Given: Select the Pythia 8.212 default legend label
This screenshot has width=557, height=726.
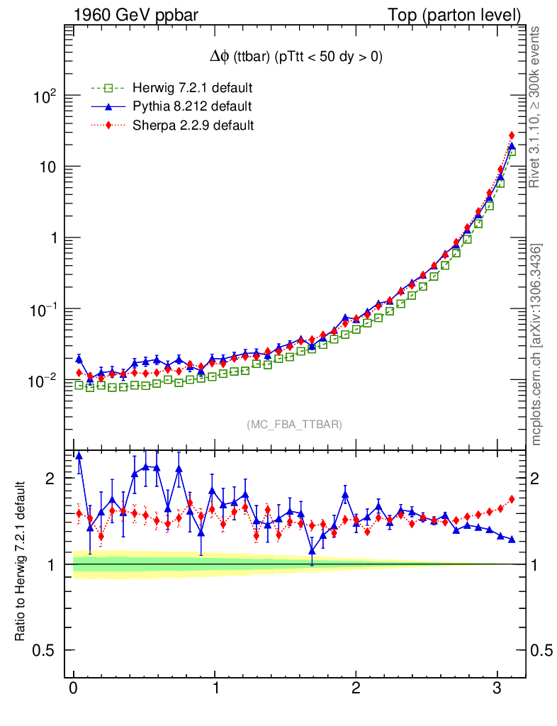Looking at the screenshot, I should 192,106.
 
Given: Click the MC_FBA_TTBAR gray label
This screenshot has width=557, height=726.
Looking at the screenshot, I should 295,425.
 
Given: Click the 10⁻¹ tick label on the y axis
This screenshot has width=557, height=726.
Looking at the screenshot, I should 43,309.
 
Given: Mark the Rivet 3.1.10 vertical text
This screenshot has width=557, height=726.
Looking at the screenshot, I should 536,106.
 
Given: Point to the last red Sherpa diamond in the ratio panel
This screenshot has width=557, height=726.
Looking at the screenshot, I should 512,499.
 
